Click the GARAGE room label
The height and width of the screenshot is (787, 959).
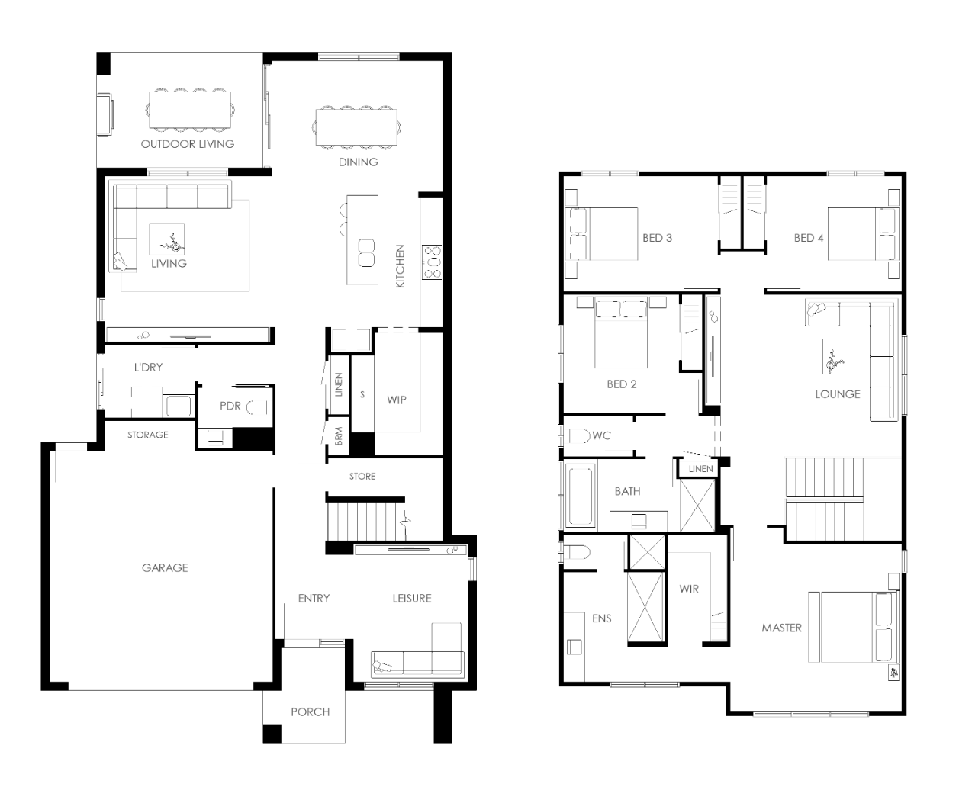pyautogui.click(x=165, y=567)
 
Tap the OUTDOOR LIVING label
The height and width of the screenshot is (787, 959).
pyautogui.click(x=188, y=144)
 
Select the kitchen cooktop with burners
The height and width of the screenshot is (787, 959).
pyautogui.click(x=432, y=262)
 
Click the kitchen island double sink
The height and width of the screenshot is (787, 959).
pyautogui.click(x=366, y=252)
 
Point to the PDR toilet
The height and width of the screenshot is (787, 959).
pyautogui.click(x=257, y=407)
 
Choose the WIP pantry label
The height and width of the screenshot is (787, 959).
pyautogui.click(x=397, y=400)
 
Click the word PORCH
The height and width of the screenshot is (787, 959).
pyautogui.click(x=310, y=712)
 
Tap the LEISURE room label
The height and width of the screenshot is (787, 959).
pyautogui.click(x=412, y=599)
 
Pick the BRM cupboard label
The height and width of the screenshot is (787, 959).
pyautogui.click(x=339, y=436)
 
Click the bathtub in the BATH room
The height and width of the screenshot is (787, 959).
pyautogui.click(x=581, y=496)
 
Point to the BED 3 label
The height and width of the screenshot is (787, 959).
pyautogui.click(x=657, y=238)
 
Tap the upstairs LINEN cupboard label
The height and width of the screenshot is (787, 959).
pyautogui.click(x=700, y=469)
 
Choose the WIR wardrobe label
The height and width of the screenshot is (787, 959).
pyautogui.click(x=689, y=589)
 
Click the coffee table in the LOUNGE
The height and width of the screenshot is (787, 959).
pyautogui.click(x=838, y=357)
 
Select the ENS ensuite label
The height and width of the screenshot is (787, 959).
pyautogui.click(x=602, y=618)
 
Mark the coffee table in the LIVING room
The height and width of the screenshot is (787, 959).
pyautogui.click(x=167, y=239)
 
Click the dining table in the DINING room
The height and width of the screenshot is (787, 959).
pyautogui.click(x=356, y=127)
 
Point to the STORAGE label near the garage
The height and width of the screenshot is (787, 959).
pyautogui.click(x=148, y=435)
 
